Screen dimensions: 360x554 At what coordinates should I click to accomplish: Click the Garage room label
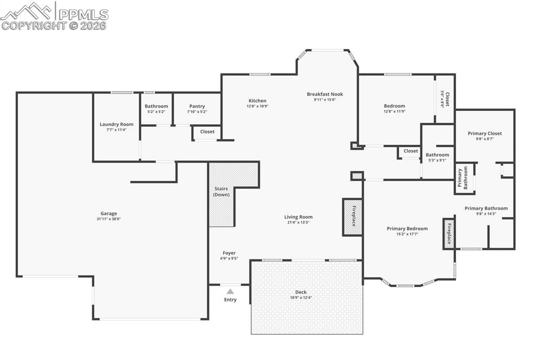(x=108, y=214)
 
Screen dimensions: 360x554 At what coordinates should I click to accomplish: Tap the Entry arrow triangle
(x=230, y=291)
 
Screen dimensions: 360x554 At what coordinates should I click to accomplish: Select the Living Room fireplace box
(x=352, y=217)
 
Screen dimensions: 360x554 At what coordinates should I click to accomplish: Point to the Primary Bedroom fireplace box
(x=448, y=234)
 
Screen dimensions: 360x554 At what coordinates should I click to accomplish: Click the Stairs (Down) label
(x=221, y=191)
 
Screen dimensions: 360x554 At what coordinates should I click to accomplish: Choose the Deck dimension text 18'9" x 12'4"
(x=301, y=298)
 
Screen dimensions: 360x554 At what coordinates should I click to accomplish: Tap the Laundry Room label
(x=116, y=124)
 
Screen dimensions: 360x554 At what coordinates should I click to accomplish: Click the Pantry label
(x=197, y=106)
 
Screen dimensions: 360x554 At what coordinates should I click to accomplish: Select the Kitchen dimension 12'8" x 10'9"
(x=258, y=106)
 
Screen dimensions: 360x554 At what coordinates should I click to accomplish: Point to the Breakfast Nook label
(x=325, y=94)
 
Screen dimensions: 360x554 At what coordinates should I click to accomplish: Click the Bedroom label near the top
(x=394, y=106)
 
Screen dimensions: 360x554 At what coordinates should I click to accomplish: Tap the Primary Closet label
(x=485, y=134)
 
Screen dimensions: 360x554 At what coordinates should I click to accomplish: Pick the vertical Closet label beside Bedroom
(x=447, y=99)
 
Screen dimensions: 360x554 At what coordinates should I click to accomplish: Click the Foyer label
(x=229, y=253)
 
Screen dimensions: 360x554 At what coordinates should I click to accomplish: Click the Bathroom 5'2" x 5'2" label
(x=156, y=106)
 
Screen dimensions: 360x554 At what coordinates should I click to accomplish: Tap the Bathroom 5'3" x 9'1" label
(x=437, y=155)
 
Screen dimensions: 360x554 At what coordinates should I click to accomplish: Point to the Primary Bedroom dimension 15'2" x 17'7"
(x=407, y=235)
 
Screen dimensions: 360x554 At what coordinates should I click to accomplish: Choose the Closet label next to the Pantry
(x=207, y=131)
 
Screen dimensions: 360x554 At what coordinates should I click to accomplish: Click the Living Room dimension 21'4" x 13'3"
(x=299, y=223)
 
